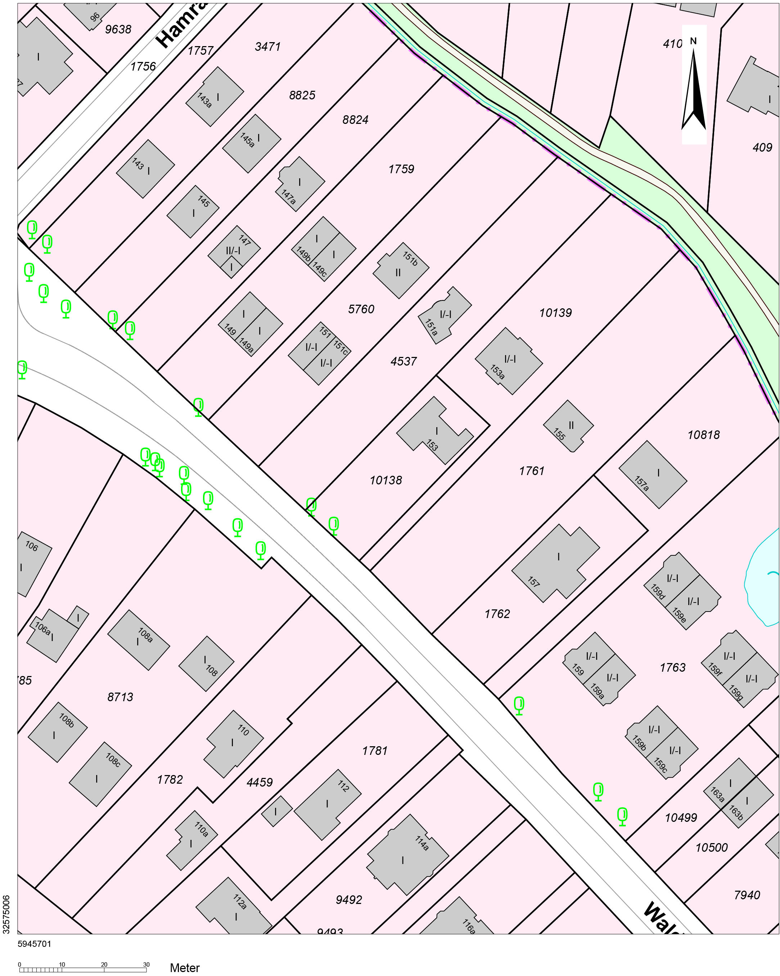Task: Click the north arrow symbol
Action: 693,86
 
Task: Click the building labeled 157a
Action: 653,474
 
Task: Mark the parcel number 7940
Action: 747,895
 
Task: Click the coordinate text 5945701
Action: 35,944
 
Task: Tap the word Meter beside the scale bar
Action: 185,968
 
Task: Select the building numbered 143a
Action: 215,97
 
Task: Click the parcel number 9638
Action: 118,30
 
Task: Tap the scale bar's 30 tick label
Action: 146,964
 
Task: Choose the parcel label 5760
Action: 361,309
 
